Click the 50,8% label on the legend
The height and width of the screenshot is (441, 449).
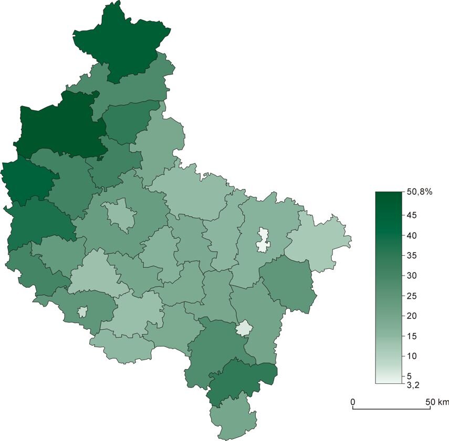(x=419, y=193)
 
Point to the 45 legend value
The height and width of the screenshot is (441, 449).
(x=412, y=215)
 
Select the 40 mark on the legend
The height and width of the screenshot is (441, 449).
(x=412, y=236)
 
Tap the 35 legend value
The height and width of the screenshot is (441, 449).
(x=412, y=256)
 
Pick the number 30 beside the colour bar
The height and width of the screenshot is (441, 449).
(x=412, y=276)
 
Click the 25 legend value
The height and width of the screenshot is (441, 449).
(x=412, y=296)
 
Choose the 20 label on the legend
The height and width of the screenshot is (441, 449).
(x=412, y=316)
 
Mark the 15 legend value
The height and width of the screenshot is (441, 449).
(x=412, y=336)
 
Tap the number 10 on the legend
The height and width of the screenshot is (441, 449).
(x=412, y=356)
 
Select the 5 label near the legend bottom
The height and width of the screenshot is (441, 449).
(x=409, y=376)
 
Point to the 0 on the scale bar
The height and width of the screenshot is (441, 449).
(x=353, y=402)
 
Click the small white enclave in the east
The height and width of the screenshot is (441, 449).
(x=263, y=239)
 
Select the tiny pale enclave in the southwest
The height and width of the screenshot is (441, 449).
(x=82, y=312)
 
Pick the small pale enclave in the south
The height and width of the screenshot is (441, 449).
(x=243, y=329)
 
